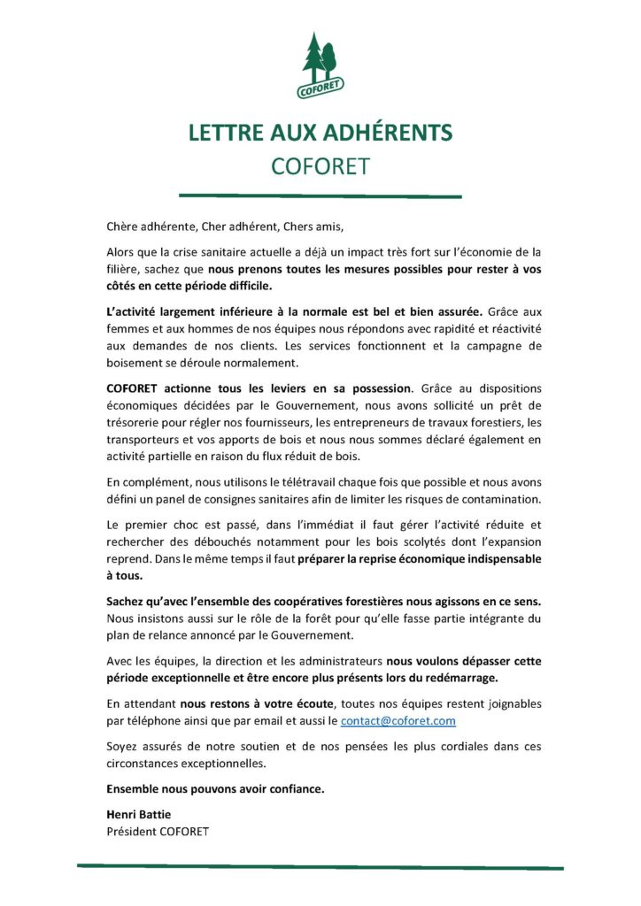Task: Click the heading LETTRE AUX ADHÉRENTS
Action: click(320, 133)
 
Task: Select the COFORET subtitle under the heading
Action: click(320, 166)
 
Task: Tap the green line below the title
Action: click(320, 196)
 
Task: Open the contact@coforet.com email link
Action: click(398, 721)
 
